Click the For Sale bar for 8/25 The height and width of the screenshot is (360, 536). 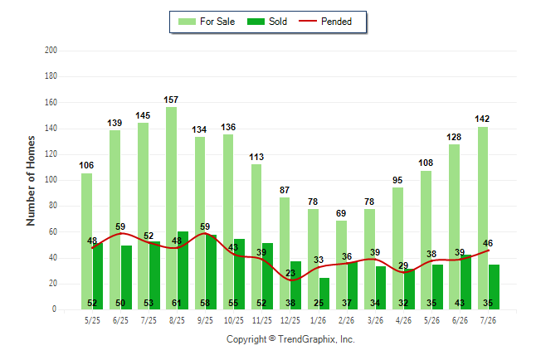[171, 208]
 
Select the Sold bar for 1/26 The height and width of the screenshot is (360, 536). [324, 294]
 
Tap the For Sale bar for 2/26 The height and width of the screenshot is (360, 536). [341, 265]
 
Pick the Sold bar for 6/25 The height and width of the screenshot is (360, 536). [126, 277]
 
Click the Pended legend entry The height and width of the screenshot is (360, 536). [325, 22]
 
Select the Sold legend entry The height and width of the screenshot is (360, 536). [267, 22]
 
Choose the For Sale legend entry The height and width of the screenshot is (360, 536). [207, 22]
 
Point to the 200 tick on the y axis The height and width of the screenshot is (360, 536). [51, 51]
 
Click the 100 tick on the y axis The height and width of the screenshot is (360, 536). [51, 179]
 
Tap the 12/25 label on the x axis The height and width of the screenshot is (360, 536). [290, 320]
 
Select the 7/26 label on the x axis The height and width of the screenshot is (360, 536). [488, 320]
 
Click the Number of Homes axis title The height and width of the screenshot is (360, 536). [31, 181]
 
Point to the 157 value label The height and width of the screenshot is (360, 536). [171, 100]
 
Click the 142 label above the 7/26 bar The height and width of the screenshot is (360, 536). [482, 119]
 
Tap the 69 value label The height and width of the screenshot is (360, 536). [341, 213]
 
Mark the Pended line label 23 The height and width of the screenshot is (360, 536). [290, 273]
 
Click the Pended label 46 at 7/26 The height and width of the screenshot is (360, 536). [488, 243]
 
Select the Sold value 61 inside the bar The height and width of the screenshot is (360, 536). [177, 303]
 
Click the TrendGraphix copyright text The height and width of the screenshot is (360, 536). [290, 339]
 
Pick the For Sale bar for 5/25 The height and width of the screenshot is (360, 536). [86, 241]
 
